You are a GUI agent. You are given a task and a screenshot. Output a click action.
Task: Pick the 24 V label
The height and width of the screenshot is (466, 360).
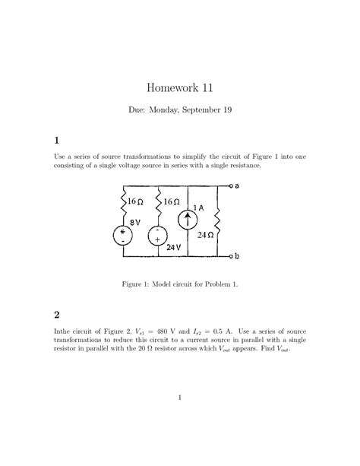click(173, 248)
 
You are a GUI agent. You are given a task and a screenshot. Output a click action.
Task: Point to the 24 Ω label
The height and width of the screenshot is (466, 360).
click(205, 235)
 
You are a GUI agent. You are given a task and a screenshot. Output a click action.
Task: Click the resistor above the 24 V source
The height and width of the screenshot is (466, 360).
click(158, 203)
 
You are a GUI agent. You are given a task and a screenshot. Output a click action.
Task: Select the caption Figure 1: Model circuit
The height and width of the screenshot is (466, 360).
click(180, 284)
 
